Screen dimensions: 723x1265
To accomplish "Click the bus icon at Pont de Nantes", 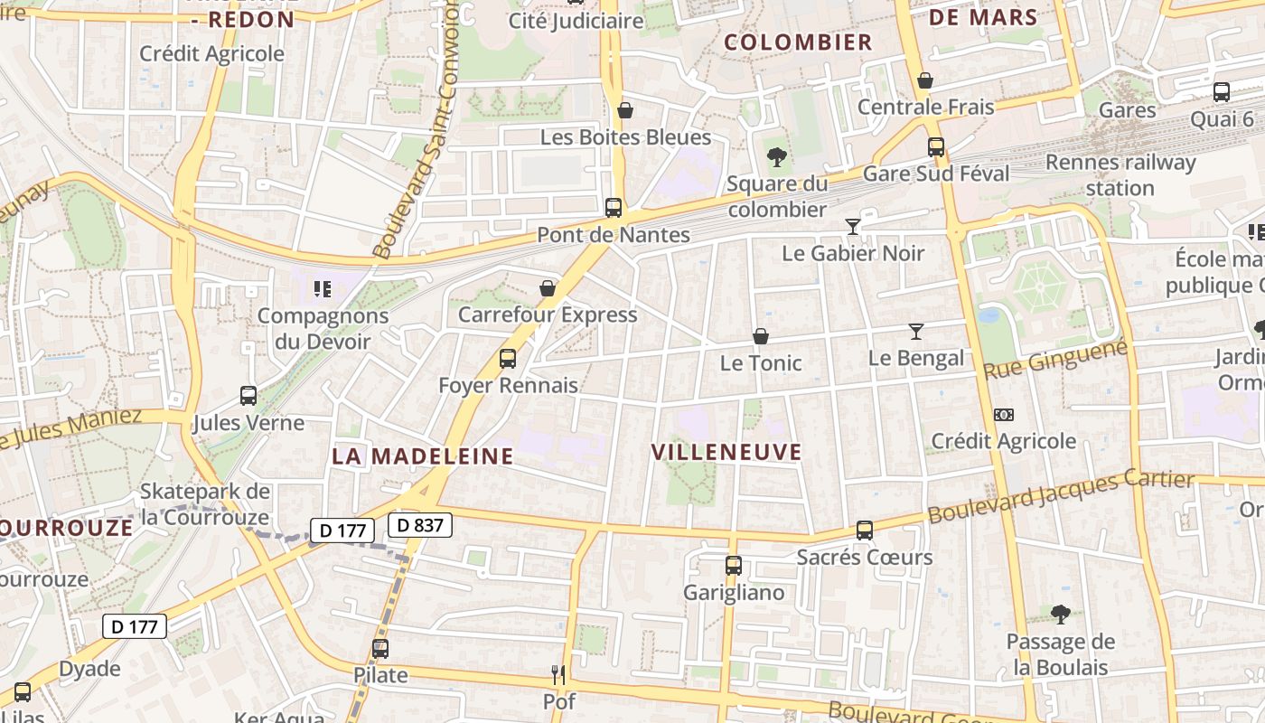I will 614,208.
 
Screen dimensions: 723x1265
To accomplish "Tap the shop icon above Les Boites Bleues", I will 624,110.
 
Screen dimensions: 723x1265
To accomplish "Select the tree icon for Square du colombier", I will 776,157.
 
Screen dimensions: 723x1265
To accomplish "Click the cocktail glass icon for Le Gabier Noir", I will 852,226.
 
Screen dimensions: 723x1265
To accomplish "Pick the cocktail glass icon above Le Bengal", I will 916,332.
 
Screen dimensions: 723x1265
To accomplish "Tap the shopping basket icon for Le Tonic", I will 761,336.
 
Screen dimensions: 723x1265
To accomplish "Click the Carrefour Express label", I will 548,315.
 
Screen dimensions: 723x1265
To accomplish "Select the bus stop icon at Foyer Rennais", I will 508,359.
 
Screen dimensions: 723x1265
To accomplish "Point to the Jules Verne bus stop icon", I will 248,395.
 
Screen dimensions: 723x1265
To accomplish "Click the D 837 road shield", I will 420,524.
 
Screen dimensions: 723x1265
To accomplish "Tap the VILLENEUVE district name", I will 726,452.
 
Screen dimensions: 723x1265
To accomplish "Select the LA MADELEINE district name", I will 423,455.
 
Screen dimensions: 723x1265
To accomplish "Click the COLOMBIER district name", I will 799,42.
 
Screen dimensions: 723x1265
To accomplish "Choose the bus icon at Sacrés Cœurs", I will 865,531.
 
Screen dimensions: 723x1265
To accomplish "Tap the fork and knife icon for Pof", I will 558,674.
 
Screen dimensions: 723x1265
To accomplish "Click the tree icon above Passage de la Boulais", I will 1061,615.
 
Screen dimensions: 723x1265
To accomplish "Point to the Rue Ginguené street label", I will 1054,360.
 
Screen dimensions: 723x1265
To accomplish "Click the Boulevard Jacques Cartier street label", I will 1061,496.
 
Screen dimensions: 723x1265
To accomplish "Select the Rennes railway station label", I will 1120,175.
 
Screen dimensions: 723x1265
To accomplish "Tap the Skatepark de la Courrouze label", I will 205,504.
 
